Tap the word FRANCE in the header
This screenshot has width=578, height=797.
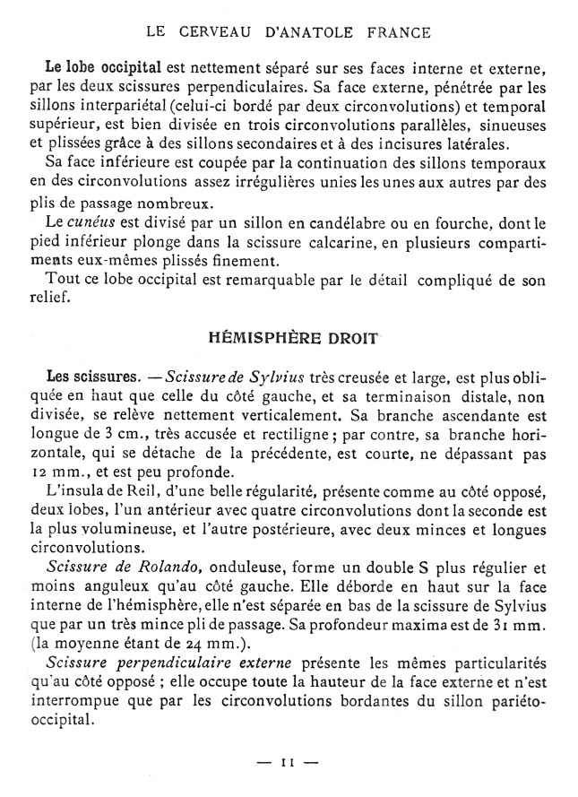(396, 33)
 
